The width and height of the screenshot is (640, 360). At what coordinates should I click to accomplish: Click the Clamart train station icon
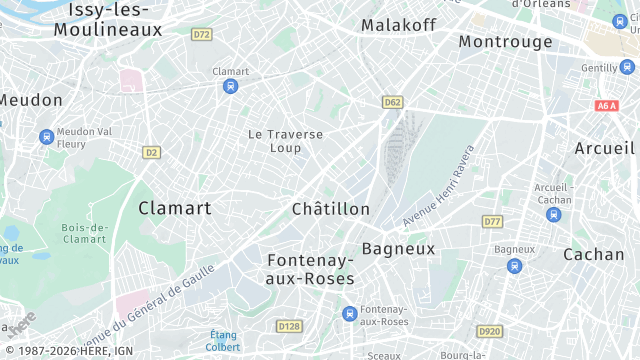pos(231,86)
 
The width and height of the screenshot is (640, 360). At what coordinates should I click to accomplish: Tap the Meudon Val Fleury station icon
pos(46,136)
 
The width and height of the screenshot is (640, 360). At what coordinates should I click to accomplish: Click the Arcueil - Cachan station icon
pos(554,214)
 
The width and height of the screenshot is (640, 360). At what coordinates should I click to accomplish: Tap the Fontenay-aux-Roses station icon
pos(349,314)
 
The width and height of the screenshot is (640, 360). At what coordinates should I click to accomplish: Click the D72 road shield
pos(202,34)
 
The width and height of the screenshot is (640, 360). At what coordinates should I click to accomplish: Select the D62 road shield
pos(392,102)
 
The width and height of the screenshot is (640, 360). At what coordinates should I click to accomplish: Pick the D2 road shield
pos(151,152)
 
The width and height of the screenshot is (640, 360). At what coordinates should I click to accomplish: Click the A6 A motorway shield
pos(606,105)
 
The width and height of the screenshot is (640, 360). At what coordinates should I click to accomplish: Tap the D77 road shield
pos(491,221)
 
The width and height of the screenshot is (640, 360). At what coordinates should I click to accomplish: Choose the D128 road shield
pos(289,326)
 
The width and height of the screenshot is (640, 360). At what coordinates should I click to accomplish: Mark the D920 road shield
pos(489,331)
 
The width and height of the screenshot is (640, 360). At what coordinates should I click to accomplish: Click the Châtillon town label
pos(331,209)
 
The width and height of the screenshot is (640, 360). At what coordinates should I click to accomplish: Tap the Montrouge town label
pos(505,42)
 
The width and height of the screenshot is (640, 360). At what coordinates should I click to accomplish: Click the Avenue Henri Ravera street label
pos(439,185)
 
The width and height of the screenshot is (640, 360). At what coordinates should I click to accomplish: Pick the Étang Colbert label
pos(223,341)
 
